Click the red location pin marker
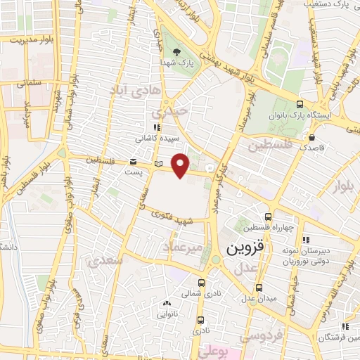(181, 165)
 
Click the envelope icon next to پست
(134, 161)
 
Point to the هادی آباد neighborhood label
(136, 90)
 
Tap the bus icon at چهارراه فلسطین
(267, 217)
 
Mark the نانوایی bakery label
(167, 314)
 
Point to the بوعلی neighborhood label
(217, 349)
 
